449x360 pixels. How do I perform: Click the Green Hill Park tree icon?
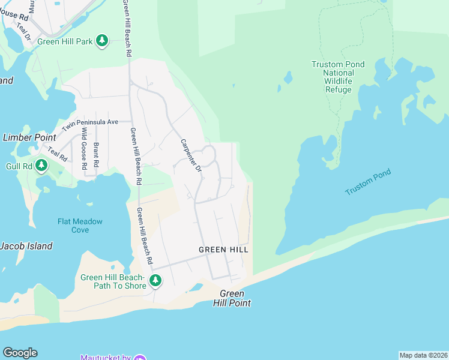coord(103,40)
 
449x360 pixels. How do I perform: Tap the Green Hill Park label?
coord(65,41)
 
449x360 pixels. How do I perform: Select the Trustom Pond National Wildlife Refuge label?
coord(338,77)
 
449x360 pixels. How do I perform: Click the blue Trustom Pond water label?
coord(368,182)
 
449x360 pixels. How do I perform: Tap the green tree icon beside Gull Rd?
coord(41,165)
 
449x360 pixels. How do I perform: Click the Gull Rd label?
coord(19,166)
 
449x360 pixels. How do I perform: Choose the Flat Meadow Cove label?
coord(80,226)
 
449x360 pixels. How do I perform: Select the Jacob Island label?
coord(26,246)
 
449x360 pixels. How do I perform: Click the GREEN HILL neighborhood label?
coord(223,250)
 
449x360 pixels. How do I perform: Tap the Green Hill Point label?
coord(232,298)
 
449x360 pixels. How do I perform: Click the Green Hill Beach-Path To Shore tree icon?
coord(155,280)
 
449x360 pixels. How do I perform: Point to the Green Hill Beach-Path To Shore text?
coord(113,281)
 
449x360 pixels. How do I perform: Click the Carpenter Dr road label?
coord(191,155)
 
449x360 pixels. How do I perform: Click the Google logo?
coord(20,353)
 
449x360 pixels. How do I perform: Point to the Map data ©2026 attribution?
coord(423,355)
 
